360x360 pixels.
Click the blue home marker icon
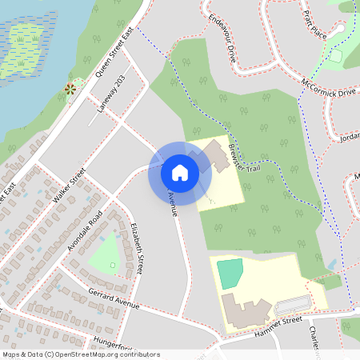pyautogui.click(x=180, y=172)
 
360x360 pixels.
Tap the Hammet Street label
pyautogui.click(x=281, y=323)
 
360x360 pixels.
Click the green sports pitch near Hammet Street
pyautogui.click(x=230, y=274)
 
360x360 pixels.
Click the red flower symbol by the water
pyautogui.click(x=70, y=89)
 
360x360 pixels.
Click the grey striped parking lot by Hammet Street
pyautogui.click(x=293, y=304)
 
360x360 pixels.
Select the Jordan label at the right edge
pyautogui.click(x=350, y=136)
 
